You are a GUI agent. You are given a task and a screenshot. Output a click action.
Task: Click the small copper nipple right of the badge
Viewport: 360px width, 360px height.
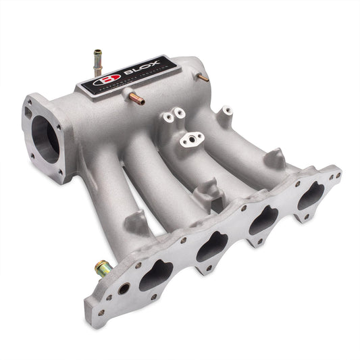[202, 78]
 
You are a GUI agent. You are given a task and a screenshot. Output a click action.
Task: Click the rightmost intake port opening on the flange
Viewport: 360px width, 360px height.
[310, 196]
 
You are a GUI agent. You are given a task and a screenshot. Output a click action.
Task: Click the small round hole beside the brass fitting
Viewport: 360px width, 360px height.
[124, 288]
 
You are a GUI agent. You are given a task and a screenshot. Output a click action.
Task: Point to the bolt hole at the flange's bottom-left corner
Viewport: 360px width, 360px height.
[101, 313]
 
